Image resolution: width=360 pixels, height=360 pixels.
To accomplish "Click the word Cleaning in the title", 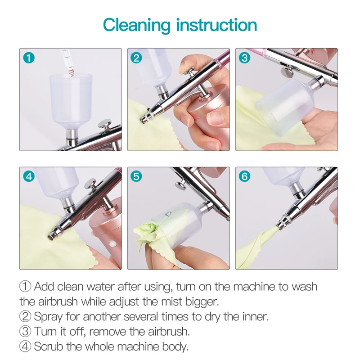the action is [137, 26].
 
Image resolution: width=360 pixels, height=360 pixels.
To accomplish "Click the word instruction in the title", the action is [216, 25].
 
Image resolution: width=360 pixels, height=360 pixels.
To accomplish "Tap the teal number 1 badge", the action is [29, 58].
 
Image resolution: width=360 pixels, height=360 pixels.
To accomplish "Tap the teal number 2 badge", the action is [136, 58].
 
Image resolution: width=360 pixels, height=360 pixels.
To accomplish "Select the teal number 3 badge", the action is [244, 58].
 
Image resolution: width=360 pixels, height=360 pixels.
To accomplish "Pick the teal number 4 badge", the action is [29, 176].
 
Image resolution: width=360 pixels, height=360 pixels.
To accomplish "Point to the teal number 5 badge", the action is [136, 176].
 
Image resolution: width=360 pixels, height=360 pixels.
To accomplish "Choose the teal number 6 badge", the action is [244, 176].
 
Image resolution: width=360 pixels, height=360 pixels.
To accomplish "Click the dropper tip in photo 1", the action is [71, 73].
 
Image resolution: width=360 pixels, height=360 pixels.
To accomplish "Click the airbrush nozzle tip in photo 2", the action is [144, 119].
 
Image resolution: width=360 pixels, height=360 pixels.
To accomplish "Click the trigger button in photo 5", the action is [180, 185].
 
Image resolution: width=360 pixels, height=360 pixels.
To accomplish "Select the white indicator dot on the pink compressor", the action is [111, 243].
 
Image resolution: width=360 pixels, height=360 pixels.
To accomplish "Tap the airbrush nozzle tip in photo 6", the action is [279, 226].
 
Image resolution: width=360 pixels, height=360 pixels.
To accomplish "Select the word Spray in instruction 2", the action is [49, 317].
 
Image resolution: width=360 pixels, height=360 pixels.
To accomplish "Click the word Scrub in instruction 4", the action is [49, 346].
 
